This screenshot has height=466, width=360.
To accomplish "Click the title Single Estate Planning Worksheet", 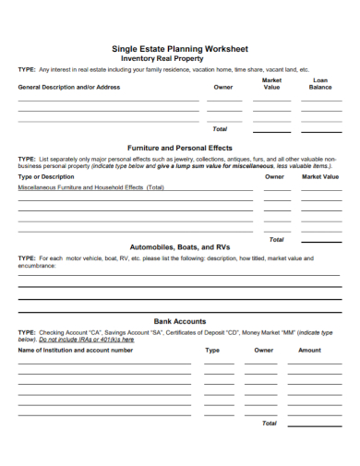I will coord(180,48).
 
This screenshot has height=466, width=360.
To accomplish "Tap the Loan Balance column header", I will coord(320,84).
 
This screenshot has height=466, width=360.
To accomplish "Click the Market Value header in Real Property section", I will coord(271,84).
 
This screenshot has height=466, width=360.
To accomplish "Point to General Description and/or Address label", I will coord(69,88).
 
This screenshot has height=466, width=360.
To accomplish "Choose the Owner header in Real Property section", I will coord(223,88).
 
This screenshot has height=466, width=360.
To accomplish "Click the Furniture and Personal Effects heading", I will coord(180,148).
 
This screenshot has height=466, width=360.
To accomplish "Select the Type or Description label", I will coord(46,176).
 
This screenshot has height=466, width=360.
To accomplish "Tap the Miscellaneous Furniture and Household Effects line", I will coord(91,187).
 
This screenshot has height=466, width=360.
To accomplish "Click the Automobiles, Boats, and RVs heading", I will coord(180,247).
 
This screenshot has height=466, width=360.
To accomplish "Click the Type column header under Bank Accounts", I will coord(212,351).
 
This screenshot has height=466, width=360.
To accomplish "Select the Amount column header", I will coord(310,351).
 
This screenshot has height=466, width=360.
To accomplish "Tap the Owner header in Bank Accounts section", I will coord(264,351).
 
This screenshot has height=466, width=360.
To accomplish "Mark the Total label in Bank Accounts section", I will coord(269,424).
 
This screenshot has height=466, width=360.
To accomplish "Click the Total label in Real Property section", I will coord(220,129).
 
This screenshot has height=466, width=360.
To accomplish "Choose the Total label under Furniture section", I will coord(276,239).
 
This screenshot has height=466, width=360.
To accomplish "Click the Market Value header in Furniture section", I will coord(320,176).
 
